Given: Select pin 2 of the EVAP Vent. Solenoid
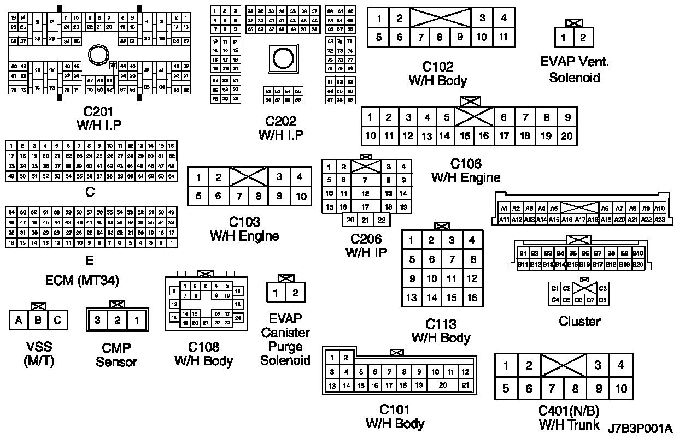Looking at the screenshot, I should (583, 38).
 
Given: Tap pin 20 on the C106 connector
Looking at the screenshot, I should (566, 136).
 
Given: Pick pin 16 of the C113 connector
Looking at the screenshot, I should (472, 298).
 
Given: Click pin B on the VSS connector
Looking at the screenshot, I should (38, 320).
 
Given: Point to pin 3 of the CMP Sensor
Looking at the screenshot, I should (97, 320).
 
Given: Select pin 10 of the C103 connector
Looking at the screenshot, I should (301, 196).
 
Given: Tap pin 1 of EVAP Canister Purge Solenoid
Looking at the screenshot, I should (276, 293).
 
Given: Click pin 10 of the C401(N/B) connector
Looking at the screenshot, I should (620, 389).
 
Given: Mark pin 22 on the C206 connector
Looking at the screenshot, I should (382, 220).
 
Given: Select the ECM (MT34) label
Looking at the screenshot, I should (82, 281).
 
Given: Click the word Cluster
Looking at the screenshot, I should (579, 321).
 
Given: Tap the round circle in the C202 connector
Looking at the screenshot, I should (283, 57).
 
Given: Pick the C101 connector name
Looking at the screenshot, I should (395, 410).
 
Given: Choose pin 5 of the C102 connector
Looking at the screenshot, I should (379, 37).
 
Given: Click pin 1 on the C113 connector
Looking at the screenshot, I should (412, 240).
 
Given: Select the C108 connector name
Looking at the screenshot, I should (203, 347).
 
